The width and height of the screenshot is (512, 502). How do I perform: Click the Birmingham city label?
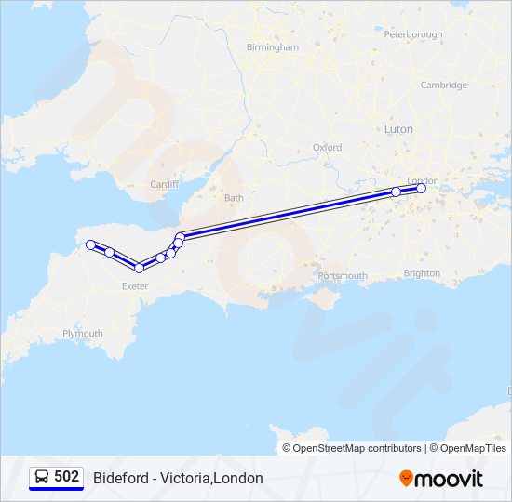coord(272,47)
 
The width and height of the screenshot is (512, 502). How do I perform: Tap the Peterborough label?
coord(412,34)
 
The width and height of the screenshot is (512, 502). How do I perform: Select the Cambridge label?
coord(443,85)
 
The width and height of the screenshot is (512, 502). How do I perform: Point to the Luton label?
coord(398,129)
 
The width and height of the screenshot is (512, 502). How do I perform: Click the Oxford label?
coord(327,147)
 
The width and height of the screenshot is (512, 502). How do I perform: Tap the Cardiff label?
coord(164,184)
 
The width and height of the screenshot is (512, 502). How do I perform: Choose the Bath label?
coord(234,198)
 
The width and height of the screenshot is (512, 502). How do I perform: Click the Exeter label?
coord(135,286)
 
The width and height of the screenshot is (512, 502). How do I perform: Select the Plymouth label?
coord(83,333)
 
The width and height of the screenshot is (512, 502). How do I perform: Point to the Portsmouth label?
coord(343,276)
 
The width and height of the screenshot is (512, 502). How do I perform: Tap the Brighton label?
coord(422,273)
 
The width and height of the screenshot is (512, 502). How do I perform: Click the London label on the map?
coord(423,180)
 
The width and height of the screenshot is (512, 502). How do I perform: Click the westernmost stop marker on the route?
coord(90,244)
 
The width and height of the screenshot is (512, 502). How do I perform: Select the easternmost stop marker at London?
coord(421,189)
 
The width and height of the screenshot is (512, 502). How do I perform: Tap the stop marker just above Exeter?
coord(140,268)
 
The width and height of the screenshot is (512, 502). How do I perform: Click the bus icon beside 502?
coord(42,477)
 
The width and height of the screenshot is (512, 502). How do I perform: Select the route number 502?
coord(66,476)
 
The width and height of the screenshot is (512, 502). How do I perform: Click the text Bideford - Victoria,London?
coord(178,478)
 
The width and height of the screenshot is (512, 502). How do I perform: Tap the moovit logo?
coord(441,478)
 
